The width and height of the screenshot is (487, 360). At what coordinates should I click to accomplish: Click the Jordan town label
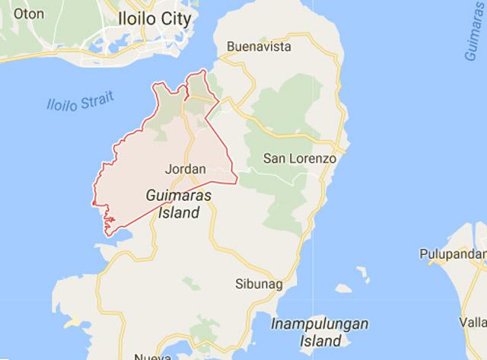click(180, 168)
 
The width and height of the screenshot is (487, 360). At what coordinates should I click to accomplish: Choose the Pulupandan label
click(454, 253)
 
